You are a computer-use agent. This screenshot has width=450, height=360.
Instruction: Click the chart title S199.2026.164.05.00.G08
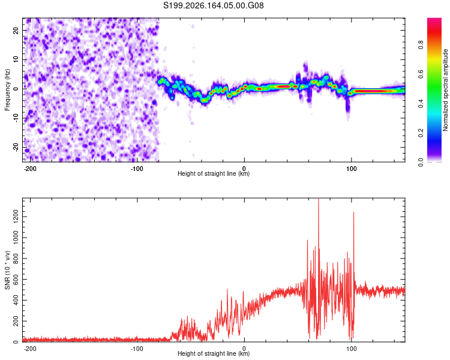click(214, 5)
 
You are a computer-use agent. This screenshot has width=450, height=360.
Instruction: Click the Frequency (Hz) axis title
click(7, 90)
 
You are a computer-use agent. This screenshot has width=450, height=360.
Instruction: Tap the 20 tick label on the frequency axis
click(16, 31)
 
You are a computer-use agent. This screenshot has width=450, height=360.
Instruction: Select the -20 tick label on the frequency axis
click(16, 148)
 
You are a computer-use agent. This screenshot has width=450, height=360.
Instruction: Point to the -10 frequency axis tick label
click(16, 118)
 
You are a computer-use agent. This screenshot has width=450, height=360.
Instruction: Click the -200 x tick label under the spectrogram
click(30, 169)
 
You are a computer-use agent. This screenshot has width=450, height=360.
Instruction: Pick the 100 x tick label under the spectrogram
click(351, 169)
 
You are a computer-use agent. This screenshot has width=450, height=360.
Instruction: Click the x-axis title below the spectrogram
click(214, 173)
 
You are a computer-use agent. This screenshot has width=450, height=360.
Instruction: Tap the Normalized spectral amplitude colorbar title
click(445, 90)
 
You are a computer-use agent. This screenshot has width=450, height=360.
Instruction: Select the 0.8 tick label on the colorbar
click(421, 45)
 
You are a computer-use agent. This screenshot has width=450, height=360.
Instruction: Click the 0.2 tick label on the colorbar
click(421, 133)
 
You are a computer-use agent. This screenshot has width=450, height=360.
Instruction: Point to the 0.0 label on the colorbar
click(421, 162)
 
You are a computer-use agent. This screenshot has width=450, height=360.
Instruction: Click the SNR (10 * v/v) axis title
click(7, 270)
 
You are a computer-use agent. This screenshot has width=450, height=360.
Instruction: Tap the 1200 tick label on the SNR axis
click(16, 217)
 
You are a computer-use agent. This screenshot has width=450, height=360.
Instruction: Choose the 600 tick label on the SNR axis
click(16, 280)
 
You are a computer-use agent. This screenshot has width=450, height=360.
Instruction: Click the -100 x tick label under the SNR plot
click(137, 349)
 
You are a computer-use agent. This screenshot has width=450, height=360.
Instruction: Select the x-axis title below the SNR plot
click(214, 353)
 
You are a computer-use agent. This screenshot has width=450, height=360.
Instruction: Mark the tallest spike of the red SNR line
click(318, 199)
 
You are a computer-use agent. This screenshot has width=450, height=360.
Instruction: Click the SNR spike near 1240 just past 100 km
click(353, 212)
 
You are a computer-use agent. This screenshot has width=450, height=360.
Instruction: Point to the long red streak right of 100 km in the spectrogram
click(373, 91)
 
